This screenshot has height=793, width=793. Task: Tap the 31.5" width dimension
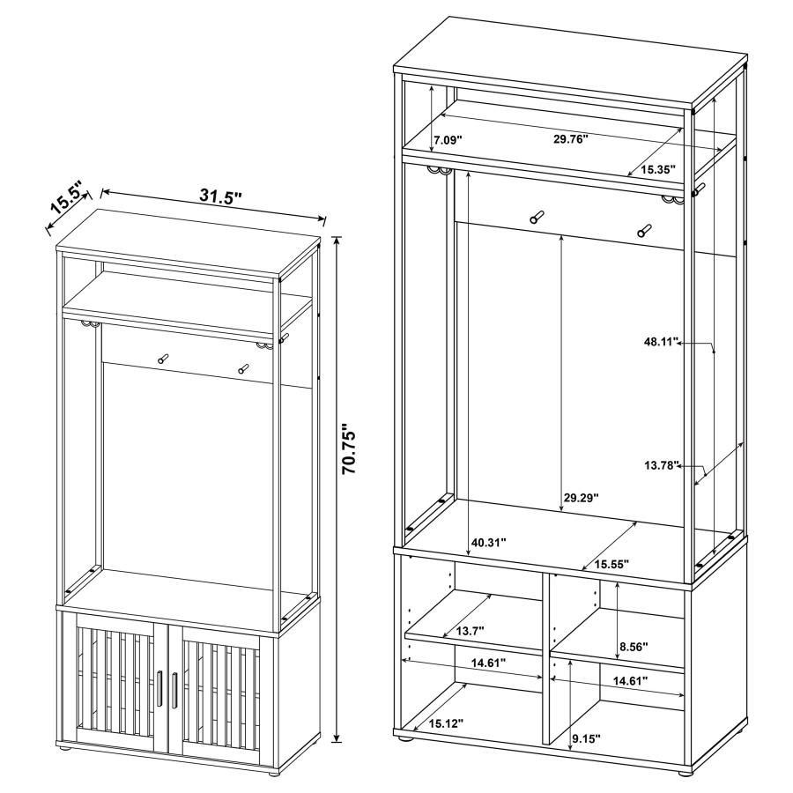click(x=220, y=196)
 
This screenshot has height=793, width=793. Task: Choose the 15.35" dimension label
click(x=657, y=168)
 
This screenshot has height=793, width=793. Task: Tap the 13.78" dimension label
click(x=663, y=465)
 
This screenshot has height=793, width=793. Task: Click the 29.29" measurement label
click(x=582, y=498)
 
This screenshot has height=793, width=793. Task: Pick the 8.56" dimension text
click(x=634, y=647)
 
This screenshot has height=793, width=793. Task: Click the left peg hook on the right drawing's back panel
click(x=536, y=218)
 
